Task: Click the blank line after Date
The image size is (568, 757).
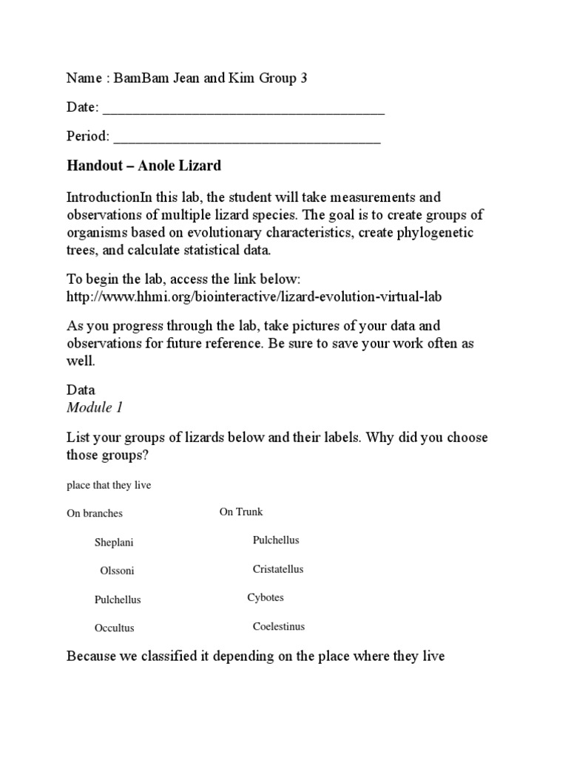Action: tap(243, 109)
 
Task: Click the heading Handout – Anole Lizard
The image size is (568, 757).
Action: tap(143, 166)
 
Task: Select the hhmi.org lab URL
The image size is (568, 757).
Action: tap(257, 296)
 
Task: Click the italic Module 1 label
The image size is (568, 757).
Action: tap(89, 407)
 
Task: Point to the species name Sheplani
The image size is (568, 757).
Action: tap(114, 543)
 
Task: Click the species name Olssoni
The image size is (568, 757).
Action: tap(117, 571)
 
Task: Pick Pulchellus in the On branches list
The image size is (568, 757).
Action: tap(118, 600)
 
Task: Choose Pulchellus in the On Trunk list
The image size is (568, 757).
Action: tap(276, 540)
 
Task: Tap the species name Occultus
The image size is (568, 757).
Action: tap(115, 628)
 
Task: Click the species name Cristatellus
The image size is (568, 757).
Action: tap(278, 569)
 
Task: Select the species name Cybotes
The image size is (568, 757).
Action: tap(266, 597)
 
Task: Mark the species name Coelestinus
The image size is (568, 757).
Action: tap(279, 626)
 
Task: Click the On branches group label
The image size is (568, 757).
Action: tap(95, 514)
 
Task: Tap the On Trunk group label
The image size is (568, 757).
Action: tap(241, 512)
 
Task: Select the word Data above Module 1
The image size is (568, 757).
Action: tap(81, 390)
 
